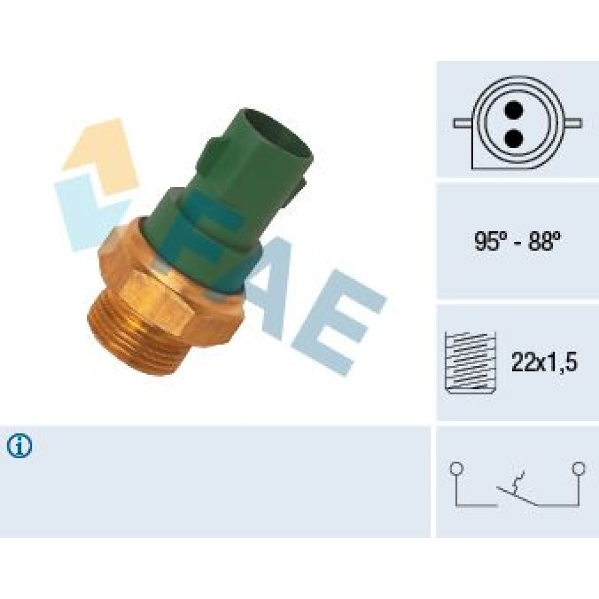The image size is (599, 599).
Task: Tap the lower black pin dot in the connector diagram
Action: coord(513,139)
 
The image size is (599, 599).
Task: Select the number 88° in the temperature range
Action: coord(544,241)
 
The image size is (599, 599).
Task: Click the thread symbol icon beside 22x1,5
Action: coord(471,362)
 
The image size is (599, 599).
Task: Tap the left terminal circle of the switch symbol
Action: coord(456,468)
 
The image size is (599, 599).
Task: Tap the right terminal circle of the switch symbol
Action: coord(579,468)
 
